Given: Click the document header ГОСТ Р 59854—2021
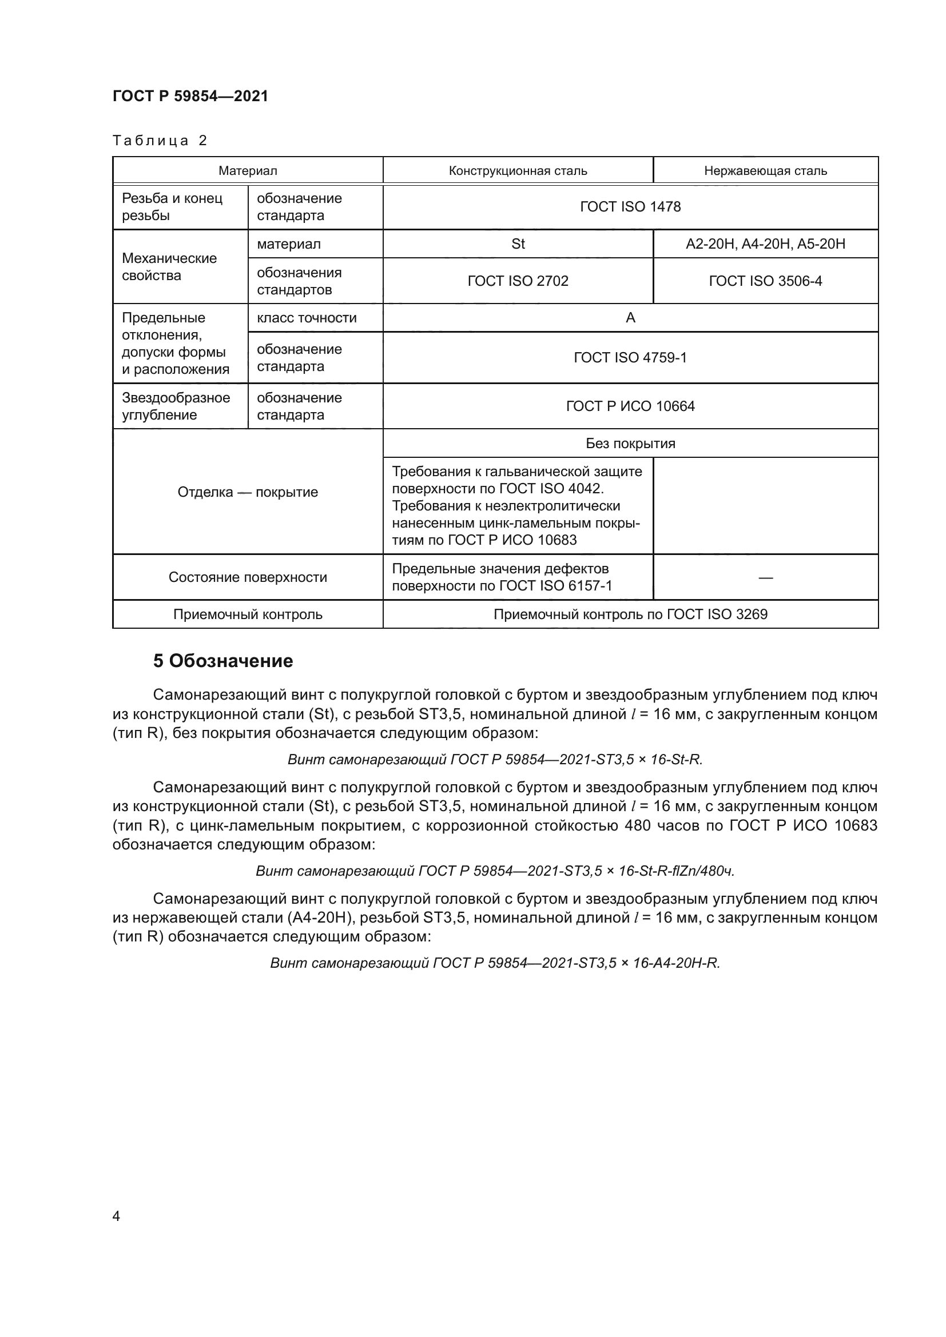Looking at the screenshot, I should click(x=190, y=96).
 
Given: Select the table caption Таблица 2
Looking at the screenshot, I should click(x=160, y=141).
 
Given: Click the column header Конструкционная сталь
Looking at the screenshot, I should click(x=517, y=170).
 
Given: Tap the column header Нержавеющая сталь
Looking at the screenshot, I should click(x=765, y=170).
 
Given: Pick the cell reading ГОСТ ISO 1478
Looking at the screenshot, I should click(x=630, y=207).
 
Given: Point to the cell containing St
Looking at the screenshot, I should click(x=517, y=244).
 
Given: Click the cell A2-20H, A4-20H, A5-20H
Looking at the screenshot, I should click(x=765, y=244).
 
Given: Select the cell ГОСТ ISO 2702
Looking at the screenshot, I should click(x=517, y=281).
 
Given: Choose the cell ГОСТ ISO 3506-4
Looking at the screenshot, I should click(x=765, y=281).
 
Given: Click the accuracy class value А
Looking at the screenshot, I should click(x=630, y=318).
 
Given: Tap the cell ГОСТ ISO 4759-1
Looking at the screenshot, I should click(x=630, y=357).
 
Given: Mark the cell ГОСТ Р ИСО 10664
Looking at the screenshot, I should click(x=630, y=406).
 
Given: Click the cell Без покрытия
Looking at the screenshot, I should click(x=630, y=443).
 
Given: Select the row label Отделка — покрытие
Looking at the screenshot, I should click(x=248, y=492).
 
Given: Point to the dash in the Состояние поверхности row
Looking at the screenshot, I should click(x=765, y=577).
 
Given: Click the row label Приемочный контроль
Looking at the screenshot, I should click(x=248, y=614).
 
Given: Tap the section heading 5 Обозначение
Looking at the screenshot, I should click(x=222, y=661).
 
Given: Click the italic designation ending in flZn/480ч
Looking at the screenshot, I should click(x=495, y=871).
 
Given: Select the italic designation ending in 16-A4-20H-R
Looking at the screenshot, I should click(x=495, y=963).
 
